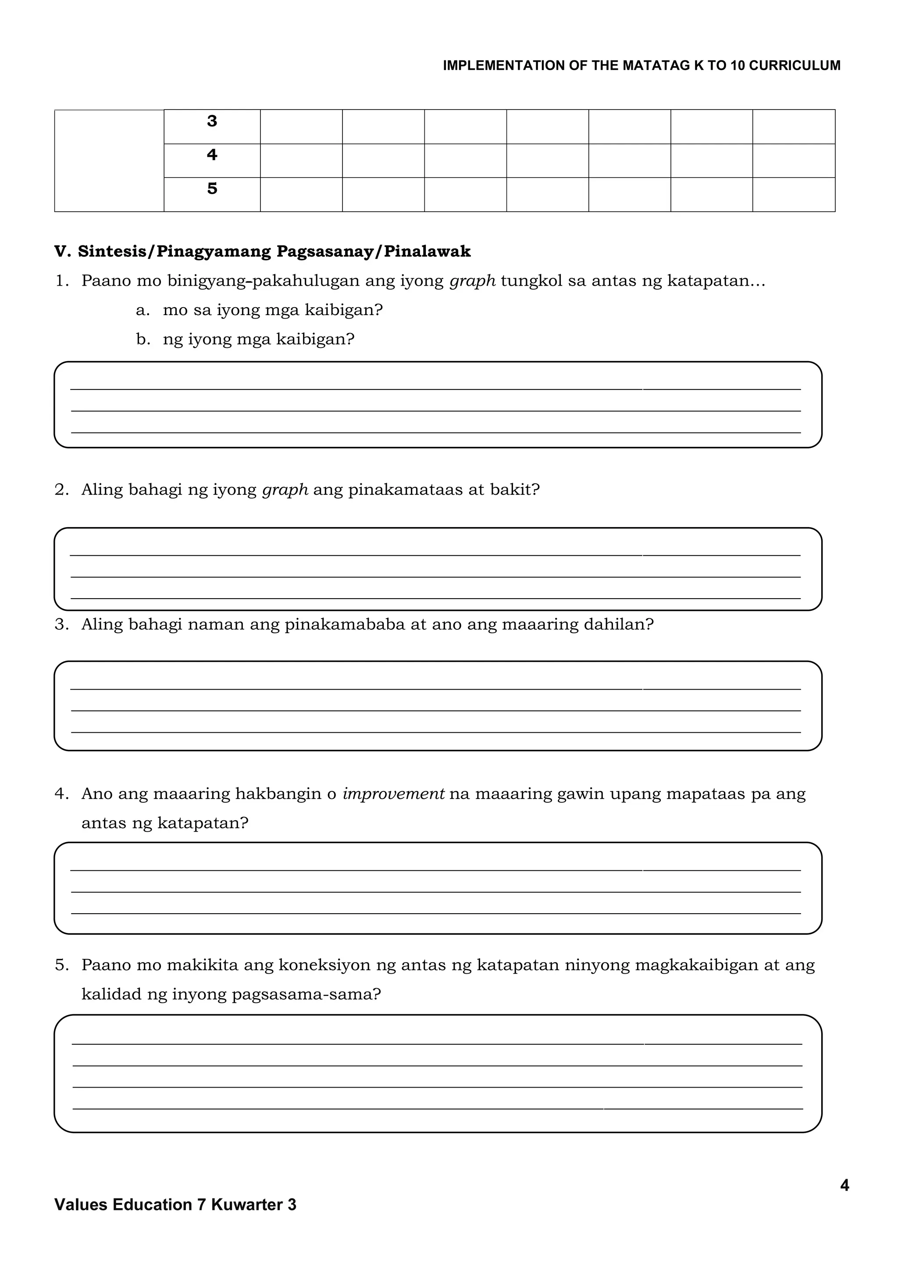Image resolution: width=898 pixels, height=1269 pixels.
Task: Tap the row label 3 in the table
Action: pyautogui.click(x=212, y=121)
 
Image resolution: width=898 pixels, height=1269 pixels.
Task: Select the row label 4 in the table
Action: pyautogui.click(x=212, y=155)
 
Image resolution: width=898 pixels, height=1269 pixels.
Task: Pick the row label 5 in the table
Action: pyautogui.click(x=212, y=189)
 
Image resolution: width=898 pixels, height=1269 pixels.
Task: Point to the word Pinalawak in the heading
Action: pyautogui.click(x=428, y=252)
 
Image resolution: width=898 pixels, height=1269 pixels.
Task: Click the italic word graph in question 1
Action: pyautogui.click(x=472, y=281)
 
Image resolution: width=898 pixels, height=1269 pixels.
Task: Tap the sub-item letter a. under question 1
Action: pyautogui.click(x=143, y=310)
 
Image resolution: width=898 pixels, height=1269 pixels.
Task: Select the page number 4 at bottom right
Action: pyautogui.click(x=845, y=1186)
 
